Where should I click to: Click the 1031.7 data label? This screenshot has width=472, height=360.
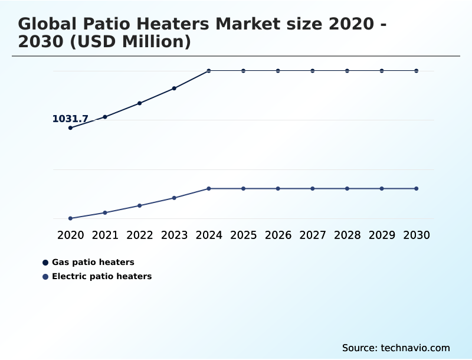point(70,119)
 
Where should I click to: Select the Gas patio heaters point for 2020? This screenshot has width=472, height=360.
point(71,127)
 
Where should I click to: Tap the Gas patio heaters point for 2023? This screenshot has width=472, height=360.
point(174,89)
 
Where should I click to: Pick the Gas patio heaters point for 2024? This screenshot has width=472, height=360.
point(209,71)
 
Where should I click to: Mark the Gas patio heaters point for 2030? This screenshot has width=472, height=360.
point(417,71)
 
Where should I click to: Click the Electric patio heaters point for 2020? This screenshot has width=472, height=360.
point(71,218)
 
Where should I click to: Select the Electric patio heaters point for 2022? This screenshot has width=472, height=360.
point(140,205)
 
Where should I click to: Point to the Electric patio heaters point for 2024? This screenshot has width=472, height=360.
point(209,188)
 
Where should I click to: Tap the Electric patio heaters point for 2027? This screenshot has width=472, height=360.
point(313,188)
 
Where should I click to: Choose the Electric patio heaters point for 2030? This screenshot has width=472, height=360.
point(417,188)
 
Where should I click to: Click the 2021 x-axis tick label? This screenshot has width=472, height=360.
point(105,235)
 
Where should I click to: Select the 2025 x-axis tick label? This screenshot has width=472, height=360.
point(243,235)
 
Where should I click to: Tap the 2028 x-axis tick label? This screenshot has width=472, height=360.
point(347,235)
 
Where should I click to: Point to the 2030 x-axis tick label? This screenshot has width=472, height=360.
point(417,235)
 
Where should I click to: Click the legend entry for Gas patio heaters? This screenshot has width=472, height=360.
point(93,262)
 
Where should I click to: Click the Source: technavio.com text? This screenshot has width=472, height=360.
point(396,348)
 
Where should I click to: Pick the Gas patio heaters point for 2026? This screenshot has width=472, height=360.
point(278,71)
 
